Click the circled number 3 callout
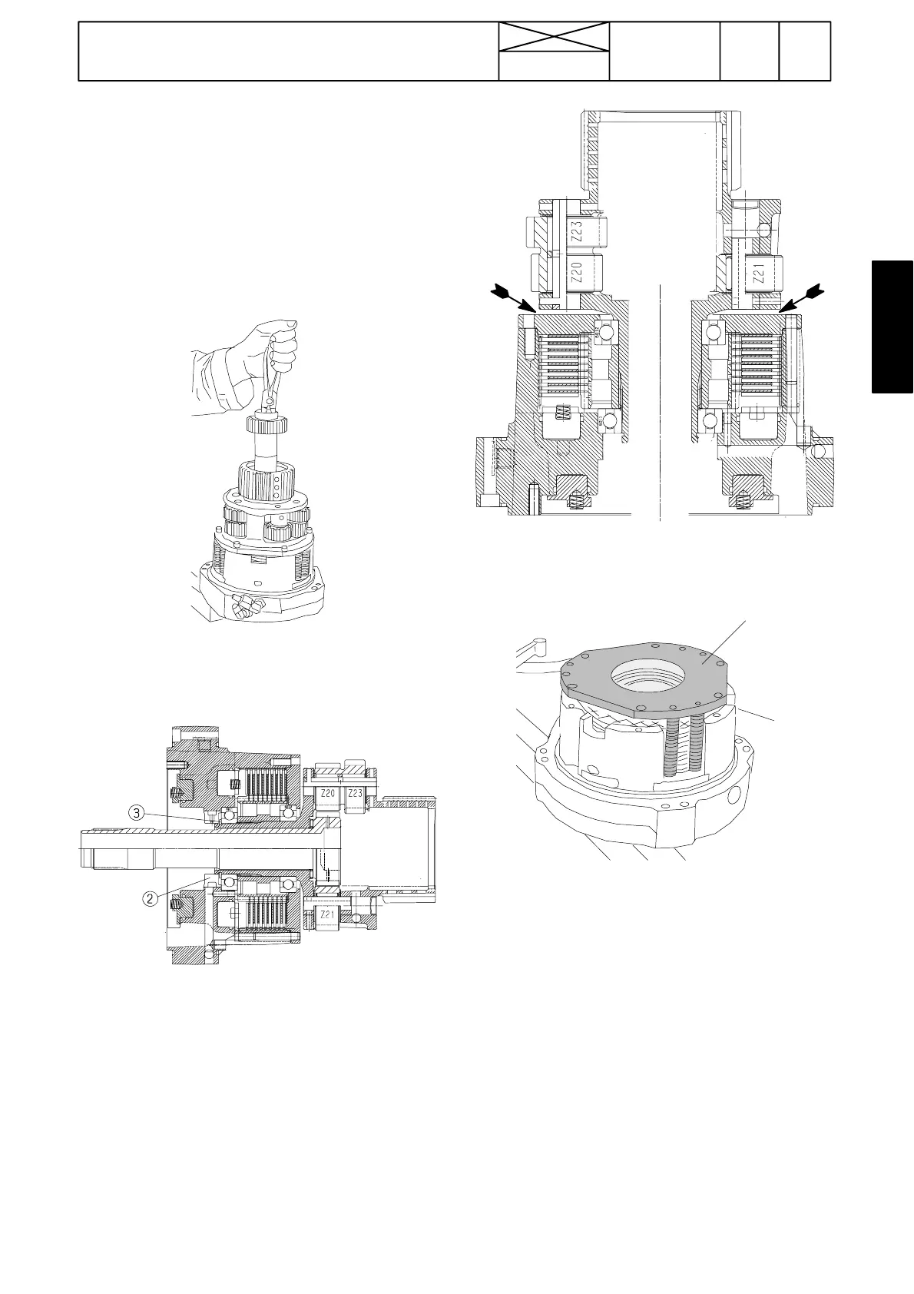click(136, 814)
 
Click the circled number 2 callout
click(150, 898)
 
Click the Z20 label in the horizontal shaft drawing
click(327, 794)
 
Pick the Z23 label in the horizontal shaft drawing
click(355, 794)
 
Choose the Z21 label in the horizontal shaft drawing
click(327, 914)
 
